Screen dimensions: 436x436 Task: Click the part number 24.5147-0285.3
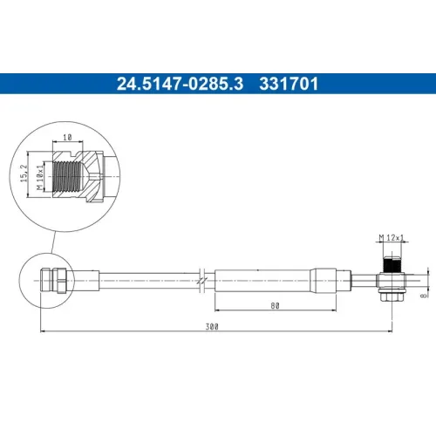click(180, 84)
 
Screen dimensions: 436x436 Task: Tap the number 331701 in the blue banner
click(289, 84)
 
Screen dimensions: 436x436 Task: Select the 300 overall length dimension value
click(212, 327)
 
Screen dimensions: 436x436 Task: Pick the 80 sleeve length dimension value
click(275, 306)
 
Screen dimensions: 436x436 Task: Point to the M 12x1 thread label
click(392, 238)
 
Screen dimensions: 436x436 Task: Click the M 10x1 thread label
click(40, 177)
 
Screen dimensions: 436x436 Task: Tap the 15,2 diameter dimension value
click(24, 174)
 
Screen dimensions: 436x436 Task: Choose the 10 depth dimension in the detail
click(67, 137)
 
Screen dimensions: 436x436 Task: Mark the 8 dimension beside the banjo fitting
click(424, 296)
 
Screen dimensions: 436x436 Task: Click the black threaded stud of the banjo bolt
click(392, 264)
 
